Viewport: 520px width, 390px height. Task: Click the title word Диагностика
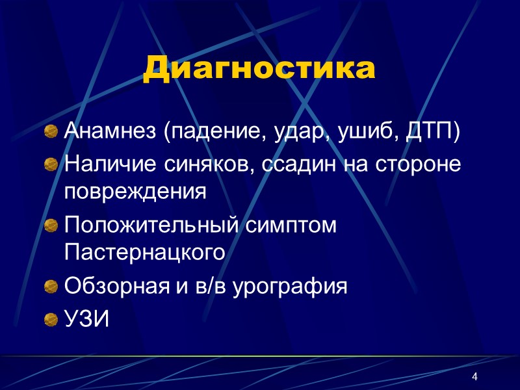259,69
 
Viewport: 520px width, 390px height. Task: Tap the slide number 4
475,378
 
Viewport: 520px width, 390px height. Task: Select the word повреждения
135,192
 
